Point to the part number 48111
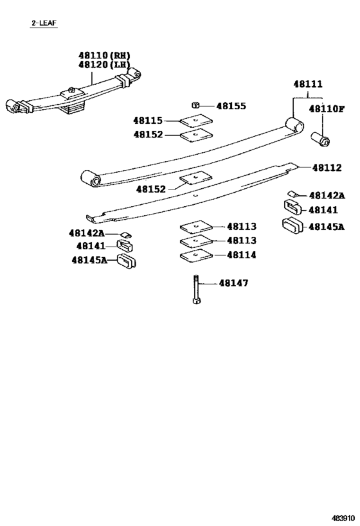(x=309, y=84)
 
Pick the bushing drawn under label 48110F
(x=320, y=138)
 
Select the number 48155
(x=231, y=106)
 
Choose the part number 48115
(x=148, y=120)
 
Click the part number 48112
(x=328, y=168)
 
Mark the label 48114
(x=241, y=255)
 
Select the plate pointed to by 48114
(x=195, y=256)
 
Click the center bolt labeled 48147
(x=194, y=289)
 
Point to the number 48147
(x=233, y=283)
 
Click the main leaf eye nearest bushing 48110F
(x=294, y=124)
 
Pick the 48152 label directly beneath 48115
(x=148, y=135)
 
